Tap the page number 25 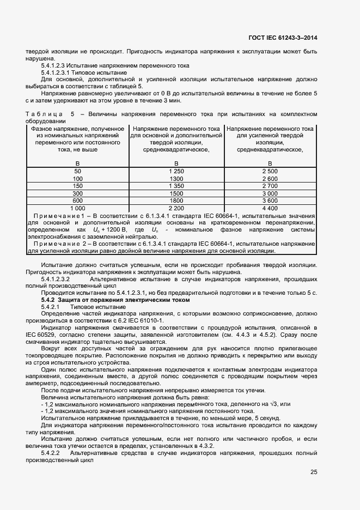coord(313,472)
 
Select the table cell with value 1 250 coord(176,171)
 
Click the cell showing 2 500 coord(270,171)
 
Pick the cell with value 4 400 coord(270,208)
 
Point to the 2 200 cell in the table coord(176,208)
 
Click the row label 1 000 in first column coord(78,208)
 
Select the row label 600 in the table coord(78,201)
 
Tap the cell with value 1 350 coord(176,186)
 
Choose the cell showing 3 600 coord(270,201)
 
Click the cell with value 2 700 coord(270,186)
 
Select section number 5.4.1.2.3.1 coord(59,72)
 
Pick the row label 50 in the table coord(78,171)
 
